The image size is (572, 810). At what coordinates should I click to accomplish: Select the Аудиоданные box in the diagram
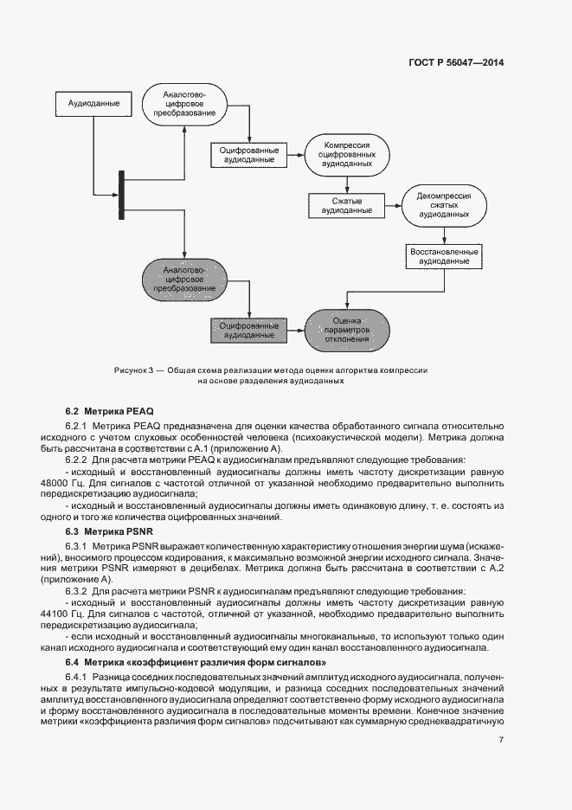tap(94, 104)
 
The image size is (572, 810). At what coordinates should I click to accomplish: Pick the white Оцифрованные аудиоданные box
tap(249, 154)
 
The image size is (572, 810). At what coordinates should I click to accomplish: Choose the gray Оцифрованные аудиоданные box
tap(249, 327)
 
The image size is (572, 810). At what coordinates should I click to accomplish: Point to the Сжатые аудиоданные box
tap(346, 205)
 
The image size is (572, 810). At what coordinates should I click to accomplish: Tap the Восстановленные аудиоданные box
tap(443, 255)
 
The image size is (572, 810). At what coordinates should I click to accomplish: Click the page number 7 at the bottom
tap(501, 738)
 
